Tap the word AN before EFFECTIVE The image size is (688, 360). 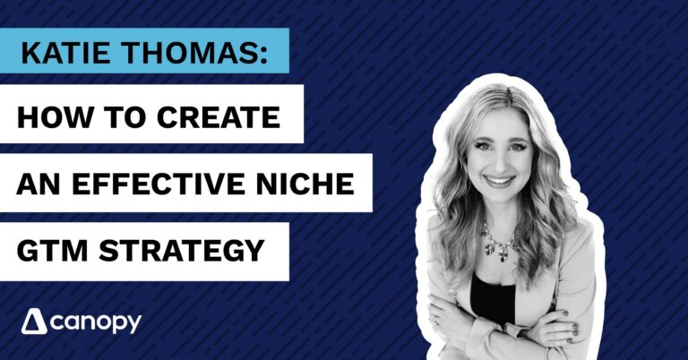point(41,182)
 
